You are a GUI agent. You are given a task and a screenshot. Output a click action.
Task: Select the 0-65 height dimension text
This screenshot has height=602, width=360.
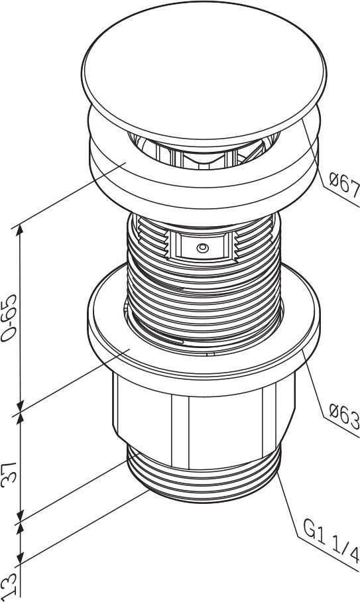[9, 318]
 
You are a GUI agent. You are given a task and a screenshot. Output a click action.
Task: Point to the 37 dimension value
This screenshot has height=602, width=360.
[9, 475]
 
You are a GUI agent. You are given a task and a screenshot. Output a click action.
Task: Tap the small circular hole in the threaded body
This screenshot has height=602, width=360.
[203, 248]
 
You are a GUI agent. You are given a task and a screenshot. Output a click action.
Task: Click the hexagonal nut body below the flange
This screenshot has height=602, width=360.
[204, 422]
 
